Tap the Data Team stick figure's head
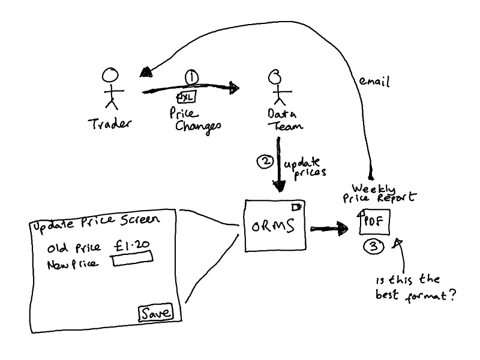point(275,77)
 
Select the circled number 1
point(191,77)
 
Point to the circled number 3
point(372,246)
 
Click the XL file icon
point(186,97)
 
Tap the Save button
point(155,313)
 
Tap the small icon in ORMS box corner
point(295,207)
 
